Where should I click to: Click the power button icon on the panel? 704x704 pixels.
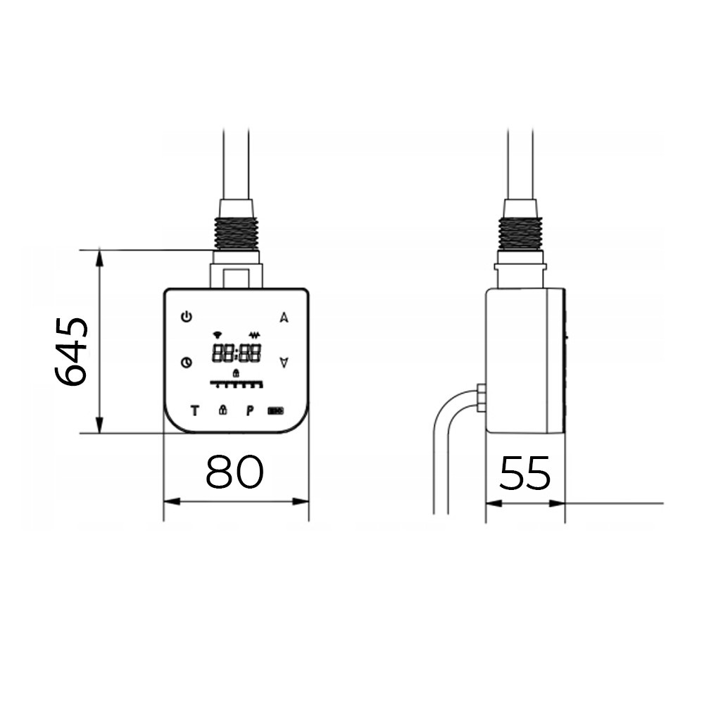(x=186, y=317)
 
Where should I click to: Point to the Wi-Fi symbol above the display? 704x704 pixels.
(x=217, y=334)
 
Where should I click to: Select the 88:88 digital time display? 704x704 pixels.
(x=237, y=353)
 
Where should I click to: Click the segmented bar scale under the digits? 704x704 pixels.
(x=237, y=384)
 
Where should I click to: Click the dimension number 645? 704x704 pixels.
(x=72, y=351)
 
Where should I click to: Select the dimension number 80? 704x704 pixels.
(x=234, y=472)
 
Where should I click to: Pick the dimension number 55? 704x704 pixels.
(x=524, y=473)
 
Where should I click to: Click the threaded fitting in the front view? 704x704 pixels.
(x=237, y=233)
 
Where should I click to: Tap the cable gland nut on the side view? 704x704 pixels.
(x=481, y=398)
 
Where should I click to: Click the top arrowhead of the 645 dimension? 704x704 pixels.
(x=100, y=257)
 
